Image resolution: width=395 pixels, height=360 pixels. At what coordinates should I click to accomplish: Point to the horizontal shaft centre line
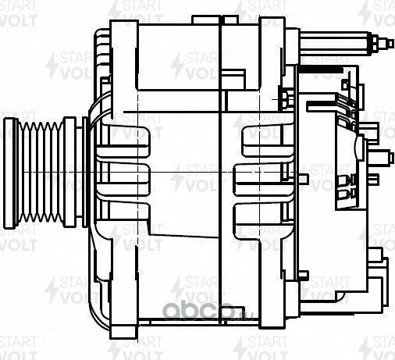195,171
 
